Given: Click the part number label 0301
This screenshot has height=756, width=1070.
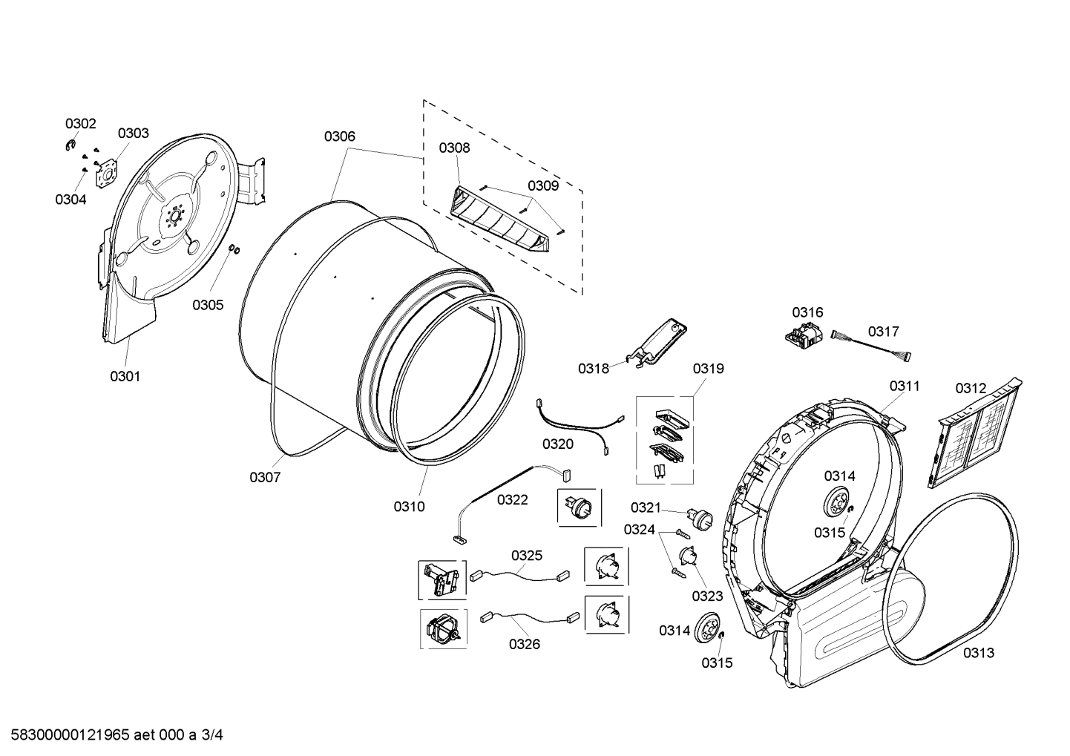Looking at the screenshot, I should coord(125,376).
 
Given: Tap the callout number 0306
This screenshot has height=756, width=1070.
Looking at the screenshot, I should coord(339,136).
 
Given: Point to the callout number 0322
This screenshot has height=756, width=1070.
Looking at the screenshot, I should coord(512,499).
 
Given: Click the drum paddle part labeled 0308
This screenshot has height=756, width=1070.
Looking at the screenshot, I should coord(501,222).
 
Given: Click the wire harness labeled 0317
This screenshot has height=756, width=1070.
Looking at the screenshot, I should coord(872,346).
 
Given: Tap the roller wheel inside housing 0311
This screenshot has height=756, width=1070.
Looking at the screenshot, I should coord(838,505).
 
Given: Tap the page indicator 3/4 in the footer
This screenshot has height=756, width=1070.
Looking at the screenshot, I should coord(212,735).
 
